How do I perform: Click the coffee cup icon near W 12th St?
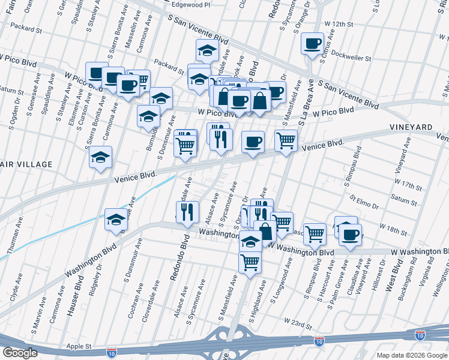[x=312, y=44]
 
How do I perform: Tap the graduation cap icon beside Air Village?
[x=101, y=157]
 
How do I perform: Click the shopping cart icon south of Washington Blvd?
[x=250, y=262]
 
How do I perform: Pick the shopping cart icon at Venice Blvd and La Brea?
[x=286, y=140]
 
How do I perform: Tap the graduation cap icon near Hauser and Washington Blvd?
[x=116, y=220]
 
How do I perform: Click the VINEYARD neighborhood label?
[x=411, y=127]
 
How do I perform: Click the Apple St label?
[x=79, y=346]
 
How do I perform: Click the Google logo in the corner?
[x=20, y=352]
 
